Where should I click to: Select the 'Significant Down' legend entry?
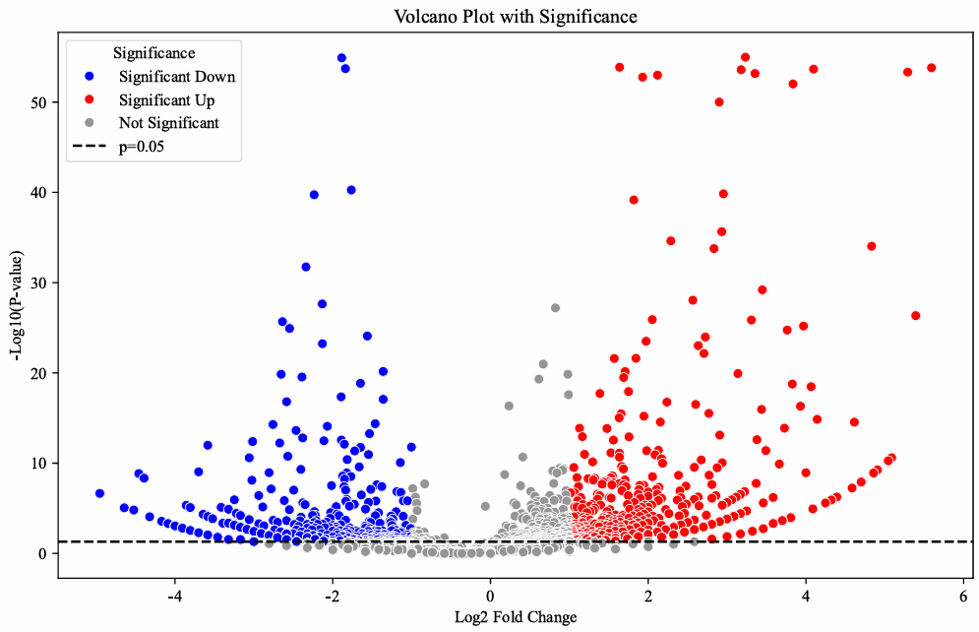pyautogui.click(x=177, y=76)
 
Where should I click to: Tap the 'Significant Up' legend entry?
pyautogui.click(x=166, y=99)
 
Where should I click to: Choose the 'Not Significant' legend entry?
pyautogui.click(x=169, y=123)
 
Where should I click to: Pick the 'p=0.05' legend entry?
pyautogui.click(x=142, y=147)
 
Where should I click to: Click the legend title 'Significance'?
pyautogui.click(x=153, y=52)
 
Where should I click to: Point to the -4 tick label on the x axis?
pyautogui.click(x=174, y=596)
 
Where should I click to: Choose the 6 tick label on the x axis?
pyautogui.click(x=962, y=596)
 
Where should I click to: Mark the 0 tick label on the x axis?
pyautogui.click(x=490, y=596)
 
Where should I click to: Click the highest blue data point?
pyautogui.click(x=341, y=58)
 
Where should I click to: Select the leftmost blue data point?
pyautogui.click(x=99, y=493)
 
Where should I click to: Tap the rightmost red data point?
pyautogui.click(x=932, y=68)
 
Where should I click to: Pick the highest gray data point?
pyautogui.click(x=555, y=308)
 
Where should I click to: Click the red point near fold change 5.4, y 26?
pyautogui.click(x=915, y=316)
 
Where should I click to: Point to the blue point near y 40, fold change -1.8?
pyautogui.click(x=351, y=190)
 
